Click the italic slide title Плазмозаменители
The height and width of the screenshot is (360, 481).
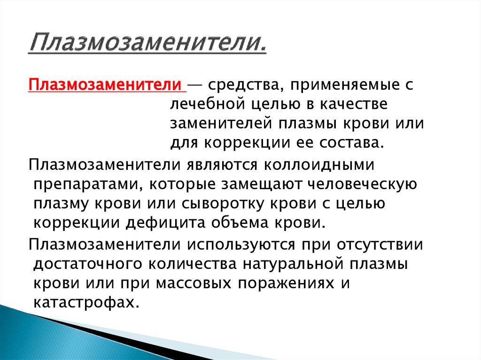tap(147, 46)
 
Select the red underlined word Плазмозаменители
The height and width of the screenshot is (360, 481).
tap(105, 86)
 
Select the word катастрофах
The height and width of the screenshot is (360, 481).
tap(86, 301)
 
